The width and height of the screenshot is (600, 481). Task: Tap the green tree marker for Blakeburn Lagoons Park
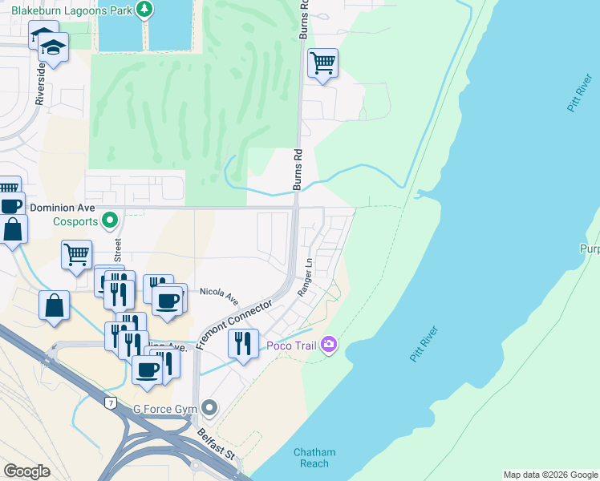tap(144, 10)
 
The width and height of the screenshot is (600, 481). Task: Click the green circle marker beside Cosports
tap(111, 219)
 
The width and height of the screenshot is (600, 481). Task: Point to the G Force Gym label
tap(165, 409)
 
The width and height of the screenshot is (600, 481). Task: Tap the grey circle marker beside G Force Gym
tap(209, 409)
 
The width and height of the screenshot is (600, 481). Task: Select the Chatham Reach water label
tap(314, 458)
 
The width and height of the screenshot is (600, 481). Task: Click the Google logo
tap(26, 471)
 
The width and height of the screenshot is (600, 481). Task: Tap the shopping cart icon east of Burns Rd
tap(322, 63)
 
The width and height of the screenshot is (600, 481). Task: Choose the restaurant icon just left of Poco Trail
tap(243, 342)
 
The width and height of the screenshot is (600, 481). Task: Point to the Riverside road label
tap(41, 80)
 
